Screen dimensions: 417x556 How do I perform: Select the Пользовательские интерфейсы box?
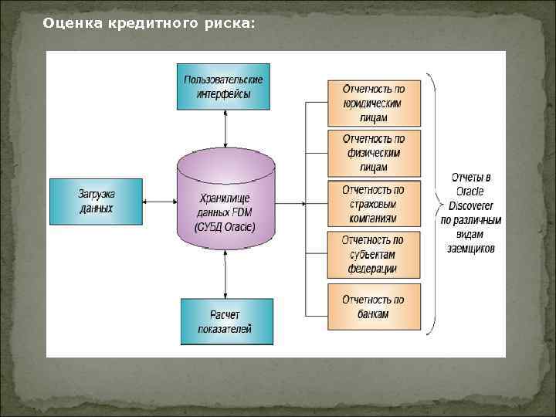coord(224,86)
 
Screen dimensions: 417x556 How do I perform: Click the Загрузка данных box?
coord(96,202)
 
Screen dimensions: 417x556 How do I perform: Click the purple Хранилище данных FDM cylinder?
coord(225,202)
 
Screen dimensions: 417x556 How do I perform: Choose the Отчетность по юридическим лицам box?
coord(374,103)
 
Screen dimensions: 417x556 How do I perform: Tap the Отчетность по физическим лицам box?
coord(374,152)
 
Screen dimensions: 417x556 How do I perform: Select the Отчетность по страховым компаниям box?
coord(374,204)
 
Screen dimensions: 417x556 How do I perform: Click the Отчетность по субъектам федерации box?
coord(374,254)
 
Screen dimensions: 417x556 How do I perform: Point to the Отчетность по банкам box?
coord(374,307)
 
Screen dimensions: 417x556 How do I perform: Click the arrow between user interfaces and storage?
coord(225,128)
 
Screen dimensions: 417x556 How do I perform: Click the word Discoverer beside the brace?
coord(471,206)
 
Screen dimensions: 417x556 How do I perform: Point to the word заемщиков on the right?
coord(471,249)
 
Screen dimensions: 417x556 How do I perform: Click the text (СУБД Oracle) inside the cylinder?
coord(225,227)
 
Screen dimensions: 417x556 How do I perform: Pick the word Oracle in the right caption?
coord(471,192)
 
